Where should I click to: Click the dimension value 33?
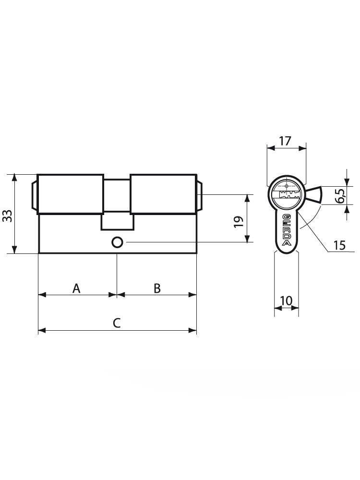[x=7, y=216]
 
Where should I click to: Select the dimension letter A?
[x=76, y=288]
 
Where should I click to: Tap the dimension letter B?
[x=157, y=288]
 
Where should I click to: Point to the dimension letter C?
[x=117, y=323]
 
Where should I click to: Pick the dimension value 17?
[x=285, y=141]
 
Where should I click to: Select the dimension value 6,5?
[x=340, y=195]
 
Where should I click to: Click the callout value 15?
[x=339, y=245]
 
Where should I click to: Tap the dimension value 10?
[x=286, y=300]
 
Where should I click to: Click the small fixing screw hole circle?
[x=117, y=242]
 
